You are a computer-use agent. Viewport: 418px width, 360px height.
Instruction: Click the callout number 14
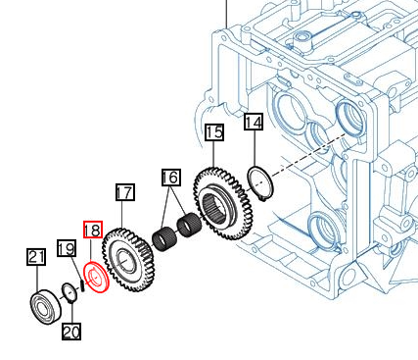(254, 123)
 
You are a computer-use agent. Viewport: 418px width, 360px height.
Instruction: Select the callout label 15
(214, 132)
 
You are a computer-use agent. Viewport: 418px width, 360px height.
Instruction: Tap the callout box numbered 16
(171, 178)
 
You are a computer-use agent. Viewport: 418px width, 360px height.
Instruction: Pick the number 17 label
(125, 192)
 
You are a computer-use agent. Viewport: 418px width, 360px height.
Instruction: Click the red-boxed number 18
(93, 230)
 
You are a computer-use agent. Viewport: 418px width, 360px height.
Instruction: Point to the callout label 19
(67, 248)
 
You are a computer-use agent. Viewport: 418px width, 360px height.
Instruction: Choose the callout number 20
(71, 332)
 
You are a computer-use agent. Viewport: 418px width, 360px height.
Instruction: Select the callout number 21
(36, 257)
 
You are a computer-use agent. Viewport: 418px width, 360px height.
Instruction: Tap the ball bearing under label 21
(46, 307)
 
